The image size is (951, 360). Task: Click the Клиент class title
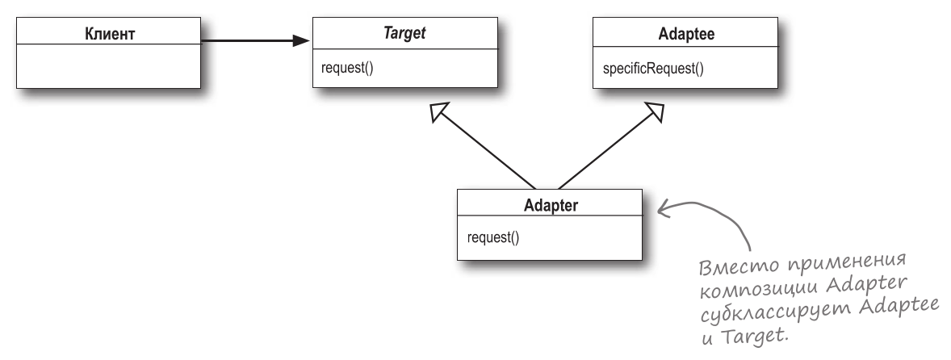(109, 34)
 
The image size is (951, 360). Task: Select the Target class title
(404, 34)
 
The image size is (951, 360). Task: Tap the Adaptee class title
(685, 34)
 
